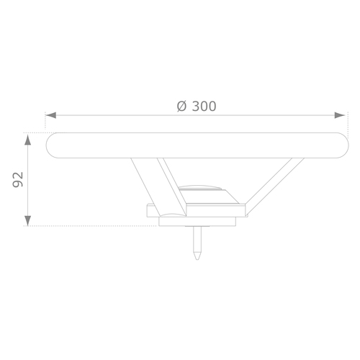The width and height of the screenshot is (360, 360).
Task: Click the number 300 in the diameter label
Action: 204,107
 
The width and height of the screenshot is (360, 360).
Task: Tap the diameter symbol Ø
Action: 181,107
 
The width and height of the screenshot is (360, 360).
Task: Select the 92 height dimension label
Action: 18,179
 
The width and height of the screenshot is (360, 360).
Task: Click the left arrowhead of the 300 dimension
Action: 51,115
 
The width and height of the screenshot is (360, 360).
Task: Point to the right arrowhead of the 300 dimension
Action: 340,115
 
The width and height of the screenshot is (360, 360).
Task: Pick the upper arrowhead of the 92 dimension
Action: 28,140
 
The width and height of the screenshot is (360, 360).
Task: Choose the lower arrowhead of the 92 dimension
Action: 28,220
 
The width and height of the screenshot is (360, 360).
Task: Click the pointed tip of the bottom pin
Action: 197,259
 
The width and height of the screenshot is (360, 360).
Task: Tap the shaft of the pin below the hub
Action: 197,240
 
